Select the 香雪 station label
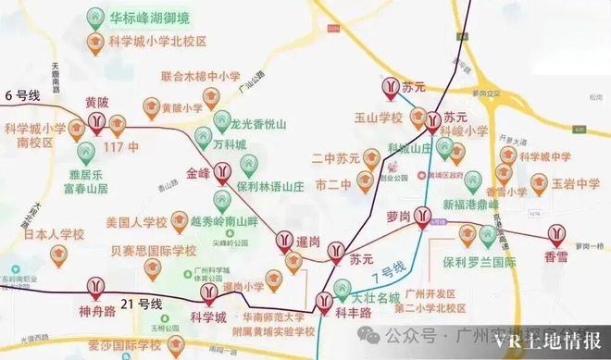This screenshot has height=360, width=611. pos(556,255)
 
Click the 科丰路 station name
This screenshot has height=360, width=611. pos(352,314)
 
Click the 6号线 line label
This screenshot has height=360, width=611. pos(23,95)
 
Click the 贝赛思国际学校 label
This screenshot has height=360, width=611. pos(154,251)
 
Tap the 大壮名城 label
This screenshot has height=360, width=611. pos(376,298)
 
